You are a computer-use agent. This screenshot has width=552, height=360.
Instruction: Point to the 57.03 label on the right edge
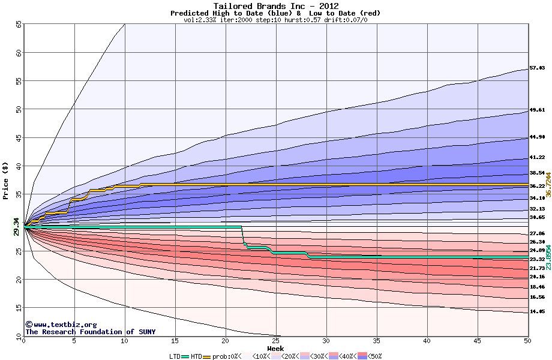coord(536,68)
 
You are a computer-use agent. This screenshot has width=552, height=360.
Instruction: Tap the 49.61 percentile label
coord(536,110)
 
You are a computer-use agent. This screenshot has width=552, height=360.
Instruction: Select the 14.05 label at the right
coord(536,312)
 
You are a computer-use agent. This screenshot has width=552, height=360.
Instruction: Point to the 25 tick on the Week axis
coord(276,341)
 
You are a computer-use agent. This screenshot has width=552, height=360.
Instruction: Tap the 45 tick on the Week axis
coord(478,341)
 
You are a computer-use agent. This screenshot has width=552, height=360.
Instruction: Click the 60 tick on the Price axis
coord(19,53)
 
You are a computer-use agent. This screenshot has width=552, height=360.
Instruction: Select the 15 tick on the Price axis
coord(19,308)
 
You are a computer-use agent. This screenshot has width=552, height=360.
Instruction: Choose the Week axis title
coord(275,348)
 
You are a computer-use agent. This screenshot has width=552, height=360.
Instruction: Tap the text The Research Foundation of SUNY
coord(88,332)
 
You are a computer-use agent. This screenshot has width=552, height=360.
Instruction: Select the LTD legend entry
coord(175,356)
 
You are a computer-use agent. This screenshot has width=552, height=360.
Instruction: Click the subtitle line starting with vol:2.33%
coord(275,20)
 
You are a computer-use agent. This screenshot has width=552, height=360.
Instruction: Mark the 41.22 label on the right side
coord(536,157)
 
